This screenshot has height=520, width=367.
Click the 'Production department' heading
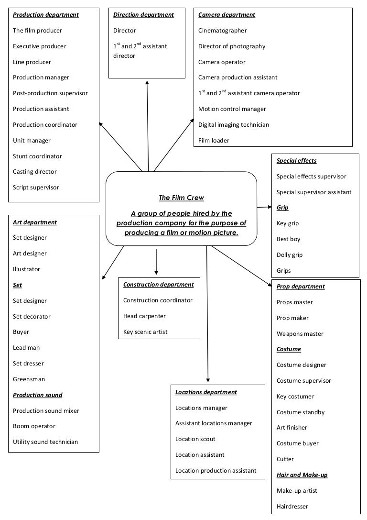tap(46, 15)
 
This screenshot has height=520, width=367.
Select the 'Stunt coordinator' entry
tap(37, 156)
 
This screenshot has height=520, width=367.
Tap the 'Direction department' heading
tap(143, 15)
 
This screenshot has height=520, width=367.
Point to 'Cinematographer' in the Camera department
tap(223, 31)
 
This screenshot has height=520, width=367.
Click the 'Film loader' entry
tap(214, 141)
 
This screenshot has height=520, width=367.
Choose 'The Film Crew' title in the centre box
tap(181, 198)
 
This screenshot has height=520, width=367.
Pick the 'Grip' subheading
tap(282, 208)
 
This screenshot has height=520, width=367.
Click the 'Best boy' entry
tap(289, 239)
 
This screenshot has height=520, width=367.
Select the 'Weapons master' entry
tap(300, 334)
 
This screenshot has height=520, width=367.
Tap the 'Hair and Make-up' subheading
tap(302, 475)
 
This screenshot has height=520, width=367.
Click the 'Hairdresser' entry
tap(292, 507)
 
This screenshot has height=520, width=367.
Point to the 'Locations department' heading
tap(206, 392)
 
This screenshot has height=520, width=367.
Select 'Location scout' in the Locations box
tap(195, 439)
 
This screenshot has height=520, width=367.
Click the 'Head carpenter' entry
tap(144, 316)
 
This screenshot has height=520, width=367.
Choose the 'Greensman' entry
tap(29, 379)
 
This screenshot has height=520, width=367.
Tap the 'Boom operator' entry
tap(34, 426)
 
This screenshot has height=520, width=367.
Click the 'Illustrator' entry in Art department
tap(26, 269)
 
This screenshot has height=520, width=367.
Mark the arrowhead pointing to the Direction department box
tap(147, 83)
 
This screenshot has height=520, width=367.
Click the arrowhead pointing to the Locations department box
tap(208, 380)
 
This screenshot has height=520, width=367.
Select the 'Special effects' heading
tap(296, 161)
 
